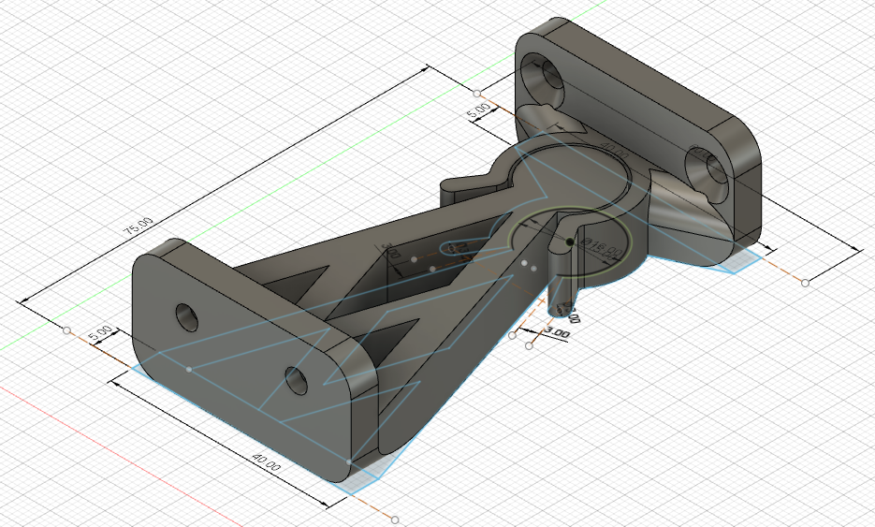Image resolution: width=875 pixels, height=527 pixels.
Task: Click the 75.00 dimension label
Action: click(x=138, y=227)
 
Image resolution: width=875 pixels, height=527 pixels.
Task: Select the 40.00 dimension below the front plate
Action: click(x=265, y=462)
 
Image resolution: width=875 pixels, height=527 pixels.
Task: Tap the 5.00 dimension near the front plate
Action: click(x=100, y=333)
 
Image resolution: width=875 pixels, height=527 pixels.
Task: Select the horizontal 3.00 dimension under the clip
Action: click(x=557, y=331)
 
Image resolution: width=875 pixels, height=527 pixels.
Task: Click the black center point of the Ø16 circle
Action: click(x=569, y=242)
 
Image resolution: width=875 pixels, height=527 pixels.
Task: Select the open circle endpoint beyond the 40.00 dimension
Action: click(x=396, y=519)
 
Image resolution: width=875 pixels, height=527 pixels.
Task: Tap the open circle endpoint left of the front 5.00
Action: click(x=66, y=330)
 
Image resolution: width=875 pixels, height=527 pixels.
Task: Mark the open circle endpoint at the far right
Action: click(x=806, y=282)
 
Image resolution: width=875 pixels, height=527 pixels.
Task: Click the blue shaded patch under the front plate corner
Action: click(x=360, y=477)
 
